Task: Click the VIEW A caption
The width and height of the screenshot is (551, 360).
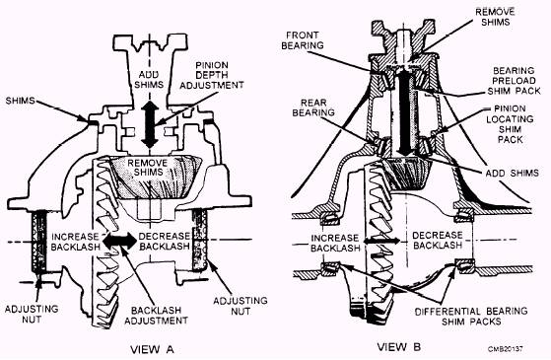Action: (152, 349)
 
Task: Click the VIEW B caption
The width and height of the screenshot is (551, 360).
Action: (399, 347)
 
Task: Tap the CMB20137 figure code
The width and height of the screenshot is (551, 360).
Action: (505, 349)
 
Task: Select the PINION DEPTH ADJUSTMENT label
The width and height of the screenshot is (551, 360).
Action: (212, 75)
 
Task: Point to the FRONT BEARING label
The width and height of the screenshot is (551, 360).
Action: (303, 40)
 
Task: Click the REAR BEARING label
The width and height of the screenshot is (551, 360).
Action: (313, 108)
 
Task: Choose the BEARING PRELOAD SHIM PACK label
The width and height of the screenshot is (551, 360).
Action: (514, 81)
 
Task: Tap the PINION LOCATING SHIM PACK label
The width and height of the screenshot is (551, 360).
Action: (510, 124)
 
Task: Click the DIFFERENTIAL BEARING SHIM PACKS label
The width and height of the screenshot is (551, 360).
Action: (471, 317)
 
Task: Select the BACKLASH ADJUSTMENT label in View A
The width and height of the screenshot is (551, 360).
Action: (156, 316)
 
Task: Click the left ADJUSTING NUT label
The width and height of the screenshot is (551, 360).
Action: (32, 314)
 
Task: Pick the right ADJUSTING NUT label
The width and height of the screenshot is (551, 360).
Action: (241, 306)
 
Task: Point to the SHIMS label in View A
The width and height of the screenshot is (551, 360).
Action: (20, 101)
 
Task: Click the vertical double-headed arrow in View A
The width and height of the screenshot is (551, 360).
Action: (150, 124)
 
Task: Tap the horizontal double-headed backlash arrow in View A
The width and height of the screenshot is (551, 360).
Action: (120, 241)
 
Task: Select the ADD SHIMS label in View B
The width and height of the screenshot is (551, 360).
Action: (512, 173)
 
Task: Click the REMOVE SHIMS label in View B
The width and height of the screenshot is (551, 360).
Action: (495, 17)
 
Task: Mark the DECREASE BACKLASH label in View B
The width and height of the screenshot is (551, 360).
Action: (438, 240)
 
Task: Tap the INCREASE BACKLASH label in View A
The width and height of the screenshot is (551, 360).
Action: (76, 242)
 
